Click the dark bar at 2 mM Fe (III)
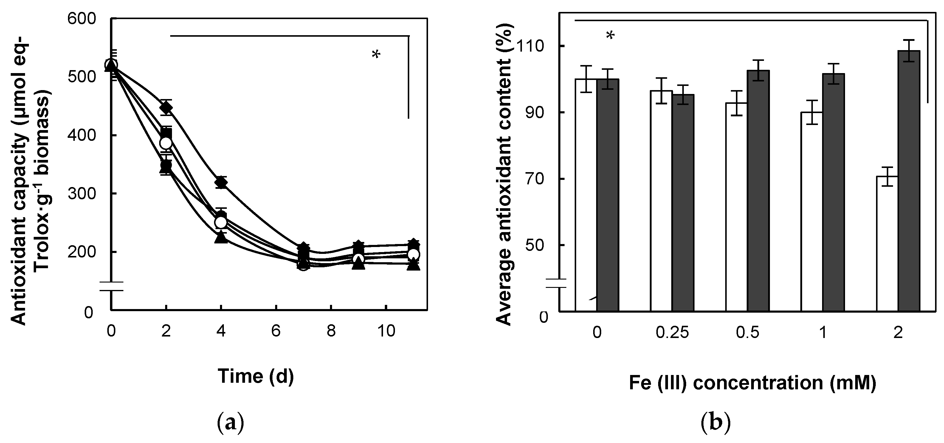[x=909, y=183]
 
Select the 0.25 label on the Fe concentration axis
[x=672, y=333]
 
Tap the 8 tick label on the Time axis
[x=331, y=331]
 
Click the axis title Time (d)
[x=256, y=376]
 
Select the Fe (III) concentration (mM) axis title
[x=752, y=383]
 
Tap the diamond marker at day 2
[x=166, y=107]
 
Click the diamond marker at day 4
[x=221, y=182]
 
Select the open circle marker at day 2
[x=166, y=143]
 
